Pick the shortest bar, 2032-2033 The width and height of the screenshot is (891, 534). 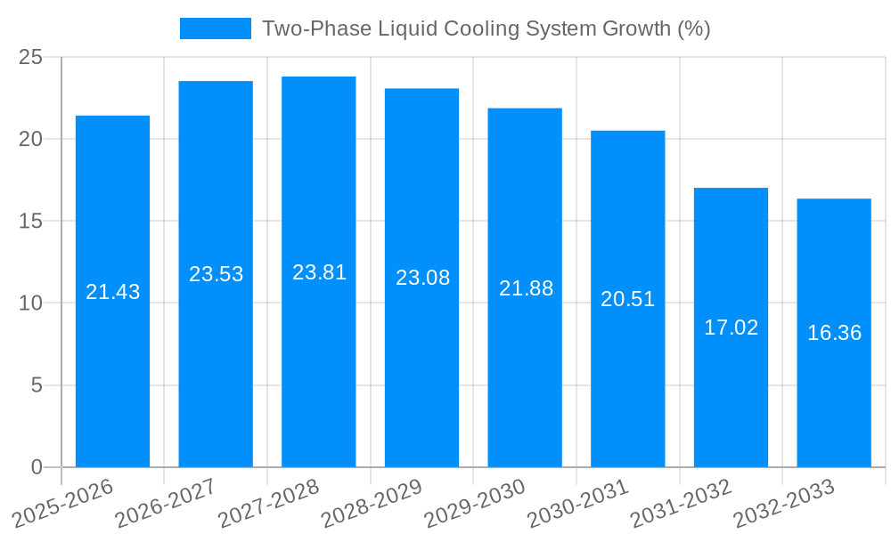click(834, 400)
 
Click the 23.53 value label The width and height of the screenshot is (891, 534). click(216, 274)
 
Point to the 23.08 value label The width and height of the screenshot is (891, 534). click(422, 278)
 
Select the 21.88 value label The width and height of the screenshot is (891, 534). click(526, 288)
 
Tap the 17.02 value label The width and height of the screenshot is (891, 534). click(731, 328)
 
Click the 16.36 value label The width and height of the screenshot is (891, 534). click(834, 333)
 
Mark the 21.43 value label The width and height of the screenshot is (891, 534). click(112, 292)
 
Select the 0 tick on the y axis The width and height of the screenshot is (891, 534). click(37, 467)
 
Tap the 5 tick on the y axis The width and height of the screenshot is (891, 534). click(37, 385)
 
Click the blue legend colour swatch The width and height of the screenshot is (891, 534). click(216, 28)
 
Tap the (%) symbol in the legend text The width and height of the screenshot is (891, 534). click(693, 28)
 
